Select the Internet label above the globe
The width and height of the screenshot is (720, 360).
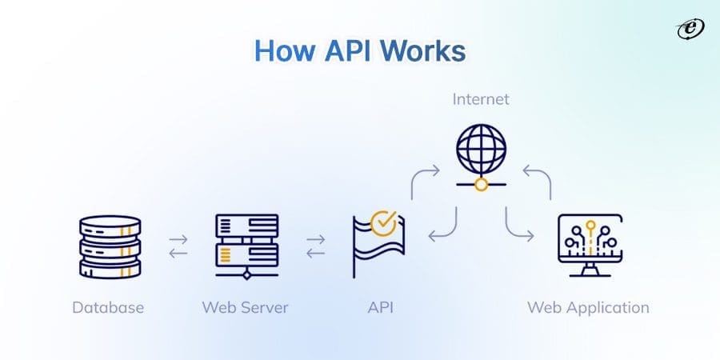click(x=480, y=100)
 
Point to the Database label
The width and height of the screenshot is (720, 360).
click(x=109, y=307)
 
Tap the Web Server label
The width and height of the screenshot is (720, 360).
click(x=245, y=307)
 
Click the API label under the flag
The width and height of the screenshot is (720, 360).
click(x=380, y=307)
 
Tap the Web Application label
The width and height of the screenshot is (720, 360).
click(x=588, y=307)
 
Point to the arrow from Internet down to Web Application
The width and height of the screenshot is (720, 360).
click(x=517, y=224)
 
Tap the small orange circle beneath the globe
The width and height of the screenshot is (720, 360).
click(x=480, y=185)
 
